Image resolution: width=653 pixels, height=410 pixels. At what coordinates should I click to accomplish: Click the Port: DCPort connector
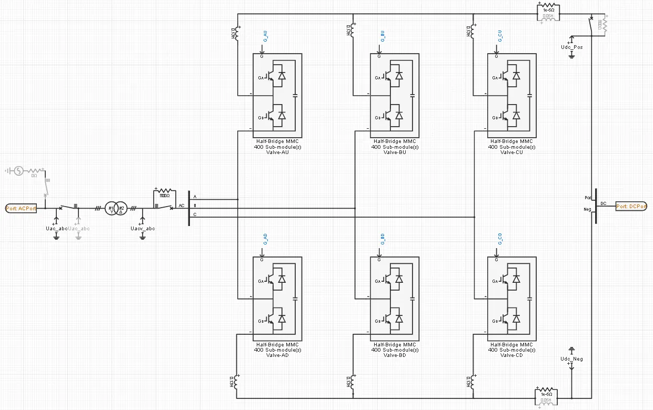coord(631,207)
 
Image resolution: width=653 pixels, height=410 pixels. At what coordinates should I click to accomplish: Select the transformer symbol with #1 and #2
coord(115,208)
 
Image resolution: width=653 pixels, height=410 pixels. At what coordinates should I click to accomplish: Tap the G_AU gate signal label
coord(265,37)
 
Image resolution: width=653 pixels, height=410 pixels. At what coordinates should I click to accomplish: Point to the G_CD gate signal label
coord(500,240)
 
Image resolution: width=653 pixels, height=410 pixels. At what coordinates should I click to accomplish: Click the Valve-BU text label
coord(395,152)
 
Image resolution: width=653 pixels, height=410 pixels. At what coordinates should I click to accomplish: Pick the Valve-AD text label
coord(277,355)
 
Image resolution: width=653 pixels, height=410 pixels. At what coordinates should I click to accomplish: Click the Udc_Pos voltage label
coord(572,47)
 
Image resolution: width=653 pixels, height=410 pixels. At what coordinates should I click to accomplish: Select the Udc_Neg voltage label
coord(572,359)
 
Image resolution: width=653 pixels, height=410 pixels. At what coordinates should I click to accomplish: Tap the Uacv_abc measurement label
coord(142,228)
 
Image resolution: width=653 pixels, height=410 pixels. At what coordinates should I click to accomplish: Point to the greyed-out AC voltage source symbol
coord(18,170)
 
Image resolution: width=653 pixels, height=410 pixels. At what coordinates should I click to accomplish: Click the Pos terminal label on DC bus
coord(588,198)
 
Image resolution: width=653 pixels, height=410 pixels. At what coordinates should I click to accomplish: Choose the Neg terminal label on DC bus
coord(588,209)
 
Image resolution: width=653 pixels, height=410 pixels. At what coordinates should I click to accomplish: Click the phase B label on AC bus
coord(195,206)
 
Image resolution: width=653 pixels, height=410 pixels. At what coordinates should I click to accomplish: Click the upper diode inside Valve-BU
coord(399,76)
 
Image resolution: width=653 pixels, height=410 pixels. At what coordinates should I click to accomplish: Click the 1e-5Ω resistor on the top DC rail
coord(547,10)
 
